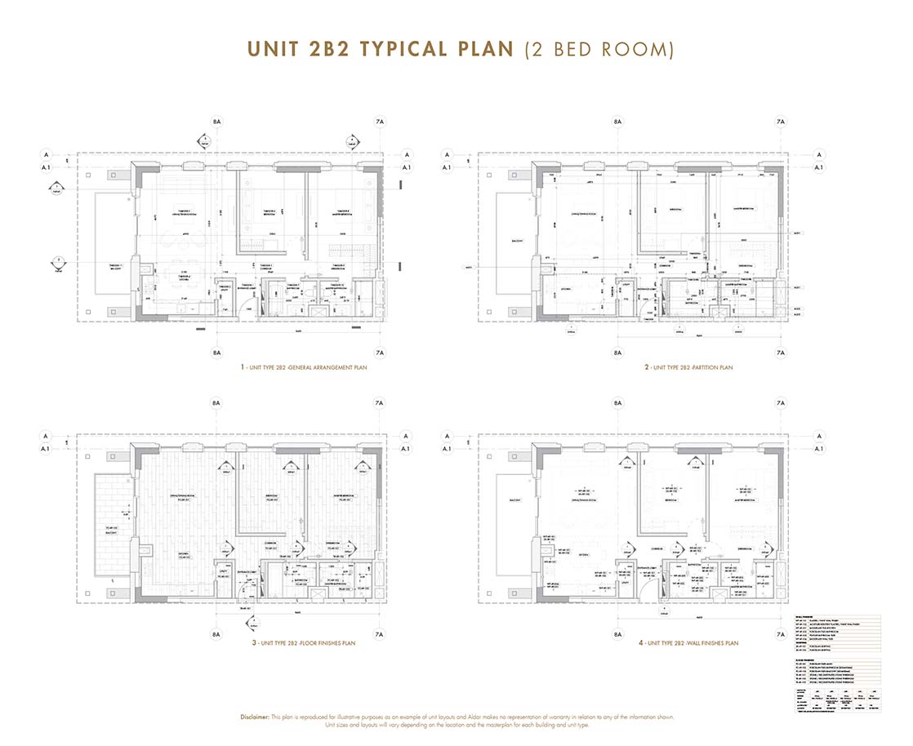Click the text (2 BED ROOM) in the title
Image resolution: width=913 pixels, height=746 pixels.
pyautogui.click(x=599, y=48)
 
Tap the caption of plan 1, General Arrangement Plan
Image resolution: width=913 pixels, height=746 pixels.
pyautogui.click(x=304, y=368)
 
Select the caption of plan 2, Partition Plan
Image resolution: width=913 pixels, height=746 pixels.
pyautogui.click(x=688, y=368)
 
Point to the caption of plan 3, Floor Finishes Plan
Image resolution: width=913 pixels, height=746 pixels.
pyautogui.click(x=304, y=643)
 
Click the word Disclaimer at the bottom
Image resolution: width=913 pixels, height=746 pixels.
pyautogui.click(x=260, y=717)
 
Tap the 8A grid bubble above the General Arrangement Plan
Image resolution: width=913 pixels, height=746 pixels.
pyautogui.click(x=216, y=122)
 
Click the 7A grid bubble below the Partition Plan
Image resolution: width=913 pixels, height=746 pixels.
pyautogui.click(x=780, y=353)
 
